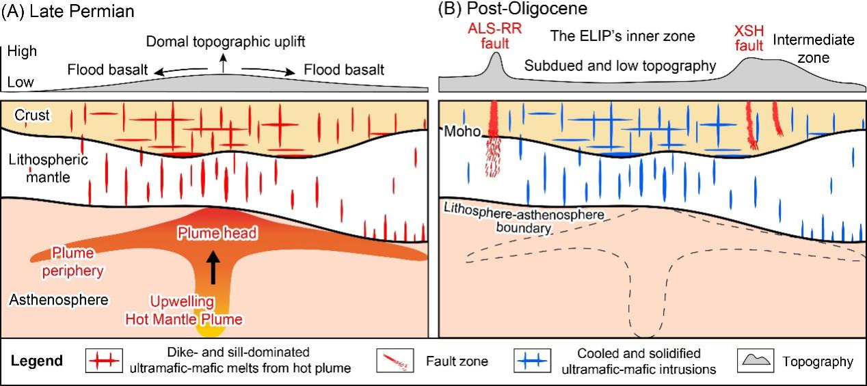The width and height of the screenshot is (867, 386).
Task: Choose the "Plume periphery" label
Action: coord(77,262)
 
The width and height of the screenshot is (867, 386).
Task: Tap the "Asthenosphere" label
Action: coord(49,299)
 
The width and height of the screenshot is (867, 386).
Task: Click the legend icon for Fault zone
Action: coord(396,361)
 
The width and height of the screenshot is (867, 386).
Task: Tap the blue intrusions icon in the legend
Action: coord(531,361)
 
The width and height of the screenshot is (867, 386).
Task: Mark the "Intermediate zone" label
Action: coord(813,49)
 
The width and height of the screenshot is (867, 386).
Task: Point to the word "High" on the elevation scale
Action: coord(23,51)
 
